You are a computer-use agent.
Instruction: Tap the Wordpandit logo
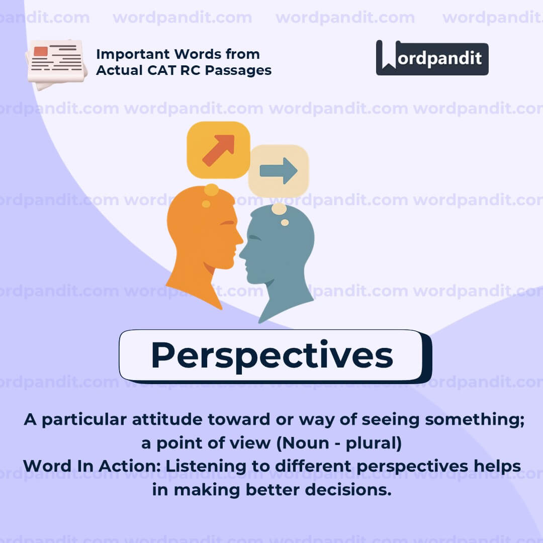[x=432, y=58]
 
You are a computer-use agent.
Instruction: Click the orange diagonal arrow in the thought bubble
[x=218, y=150]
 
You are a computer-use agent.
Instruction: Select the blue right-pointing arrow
[x=279, y=170]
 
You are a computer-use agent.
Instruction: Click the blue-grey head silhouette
[x=279, y=256]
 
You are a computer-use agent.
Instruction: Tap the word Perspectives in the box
[x=271, y=355]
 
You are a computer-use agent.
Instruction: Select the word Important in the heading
[x=128, y=54]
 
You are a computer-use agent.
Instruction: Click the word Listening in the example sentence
[x=201, y=466]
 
